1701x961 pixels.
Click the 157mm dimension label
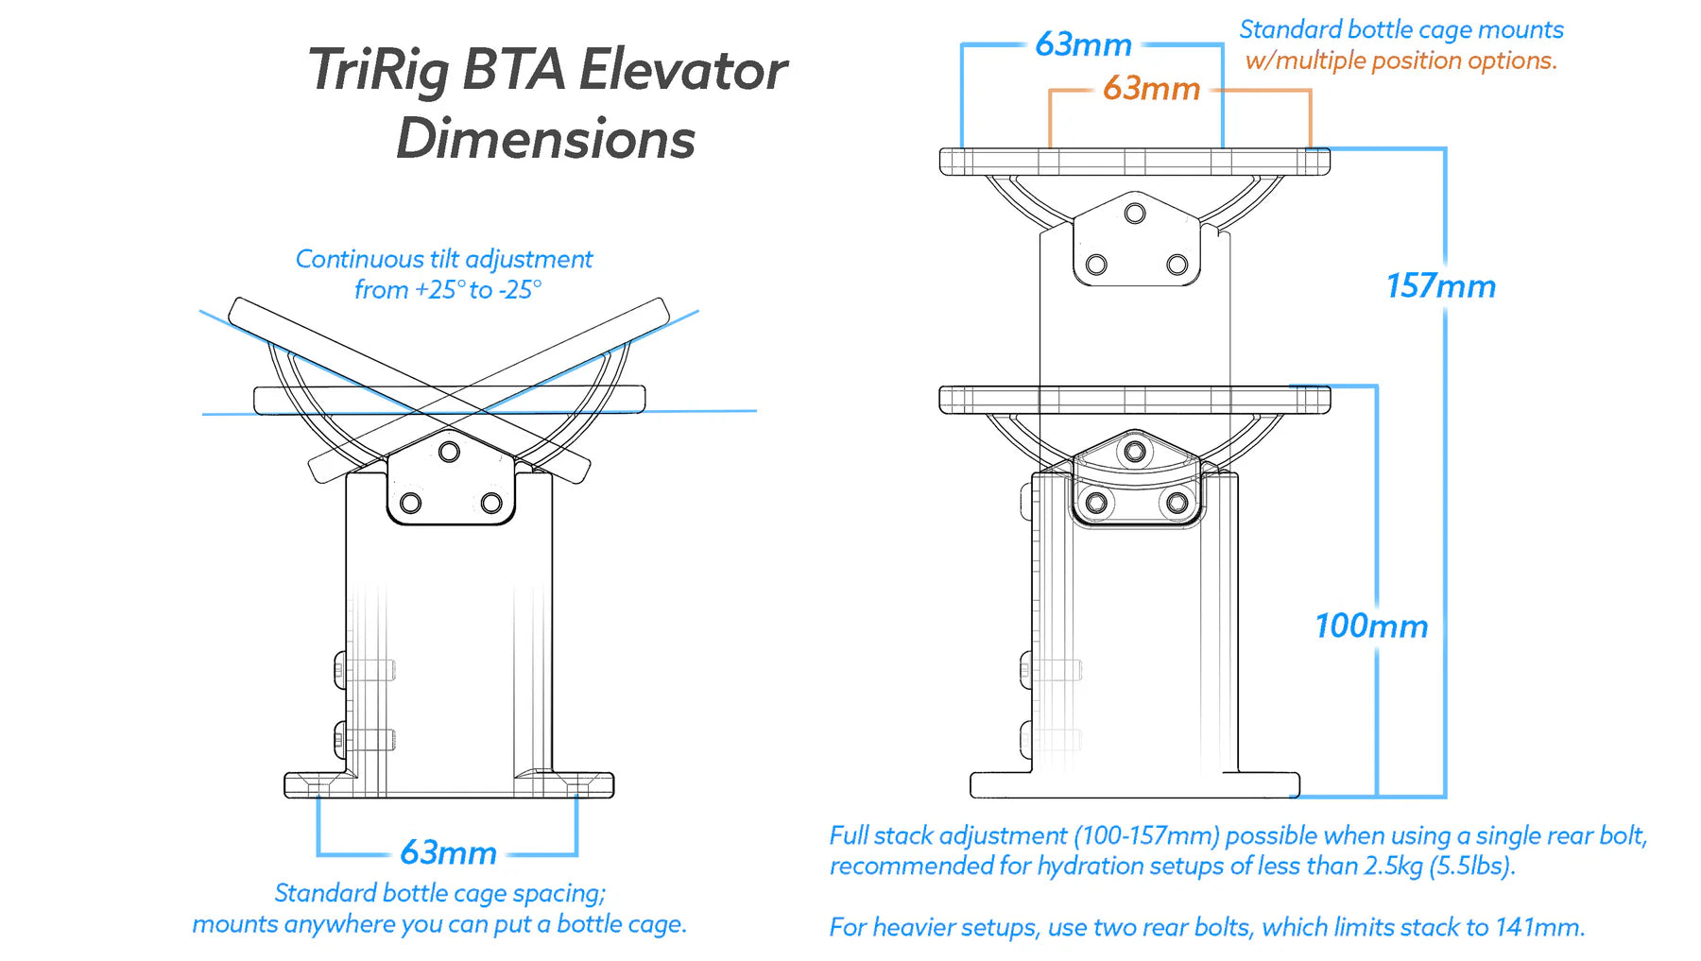click(1440, 286)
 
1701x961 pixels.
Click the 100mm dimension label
click(1371, 626)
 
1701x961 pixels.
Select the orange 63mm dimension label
click(1151, 89)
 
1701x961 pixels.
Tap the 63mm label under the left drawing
click(448, 852)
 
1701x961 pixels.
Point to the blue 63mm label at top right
click(1083, 44)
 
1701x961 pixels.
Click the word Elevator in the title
click(682, 71)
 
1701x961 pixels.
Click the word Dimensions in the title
click(545, 140)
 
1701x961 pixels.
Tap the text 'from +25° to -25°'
click(448, 290)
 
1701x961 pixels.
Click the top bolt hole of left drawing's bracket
click(450, 452)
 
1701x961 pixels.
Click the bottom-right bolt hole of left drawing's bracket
click(491, 503)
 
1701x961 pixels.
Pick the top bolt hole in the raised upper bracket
click(1135, 214)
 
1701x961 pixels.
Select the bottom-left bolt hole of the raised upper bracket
click(1096, 265)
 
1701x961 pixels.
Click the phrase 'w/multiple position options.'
click(1400, 60)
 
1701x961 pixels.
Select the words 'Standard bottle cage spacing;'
click(439, 893)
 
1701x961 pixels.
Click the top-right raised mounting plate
click(1134, 162)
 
